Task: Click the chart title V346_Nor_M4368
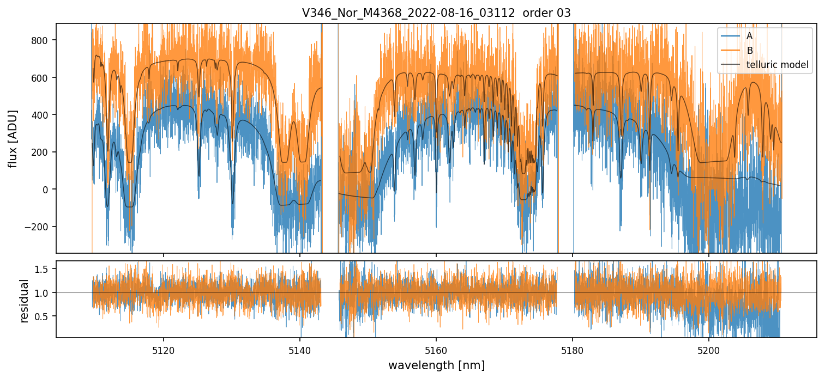pyautogui.click(x=436, y=13)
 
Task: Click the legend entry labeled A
pyautogui.click(x=749, y=36)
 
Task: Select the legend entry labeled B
pyautogui.click(x=749, y=51)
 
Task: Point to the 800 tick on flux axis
pyautogui.click(x=40, y=40)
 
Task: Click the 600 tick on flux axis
pyautogui.click(x=40, y=77)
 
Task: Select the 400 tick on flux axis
pyautogui.click(x=40, y=115)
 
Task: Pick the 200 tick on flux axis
pyautogui.click(x=40, y=152)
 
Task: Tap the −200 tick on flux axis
pyautogui.click(x=38, y=227)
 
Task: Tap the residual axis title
pyautogui.click(x=24, y=300)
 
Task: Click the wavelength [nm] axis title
pyautogui.click(x=436, y=365)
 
